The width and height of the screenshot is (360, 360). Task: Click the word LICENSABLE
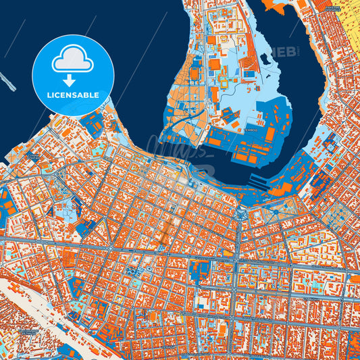[72, 95]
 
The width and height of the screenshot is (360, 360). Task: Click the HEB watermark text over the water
[284, 51]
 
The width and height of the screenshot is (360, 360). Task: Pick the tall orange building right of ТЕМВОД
[269, 134]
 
